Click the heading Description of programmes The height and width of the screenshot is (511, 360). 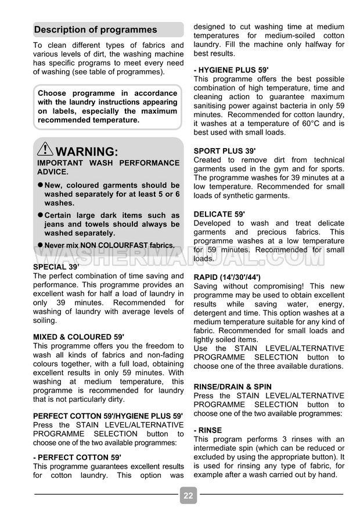96,30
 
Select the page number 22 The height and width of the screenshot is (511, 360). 188,495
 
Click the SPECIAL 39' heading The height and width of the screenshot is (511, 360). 56,267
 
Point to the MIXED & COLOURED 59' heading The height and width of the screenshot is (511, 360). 78,337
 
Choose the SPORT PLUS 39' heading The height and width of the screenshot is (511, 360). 225,151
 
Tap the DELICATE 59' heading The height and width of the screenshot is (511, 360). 219,214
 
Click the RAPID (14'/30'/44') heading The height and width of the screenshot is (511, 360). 227,277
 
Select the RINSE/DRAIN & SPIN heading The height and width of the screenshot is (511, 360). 232,387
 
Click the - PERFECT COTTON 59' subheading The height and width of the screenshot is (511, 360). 77,457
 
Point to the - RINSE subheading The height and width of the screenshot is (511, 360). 207,430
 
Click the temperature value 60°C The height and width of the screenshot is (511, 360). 308,124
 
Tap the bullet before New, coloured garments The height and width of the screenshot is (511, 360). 41,185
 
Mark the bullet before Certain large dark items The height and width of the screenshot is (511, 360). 41,215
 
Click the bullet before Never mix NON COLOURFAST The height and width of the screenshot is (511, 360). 41,244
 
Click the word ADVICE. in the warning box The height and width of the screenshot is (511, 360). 53,172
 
